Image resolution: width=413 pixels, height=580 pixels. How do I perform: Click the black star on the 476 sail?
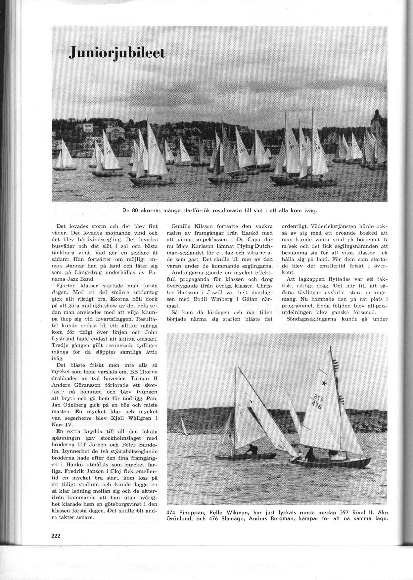(323, 383)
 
